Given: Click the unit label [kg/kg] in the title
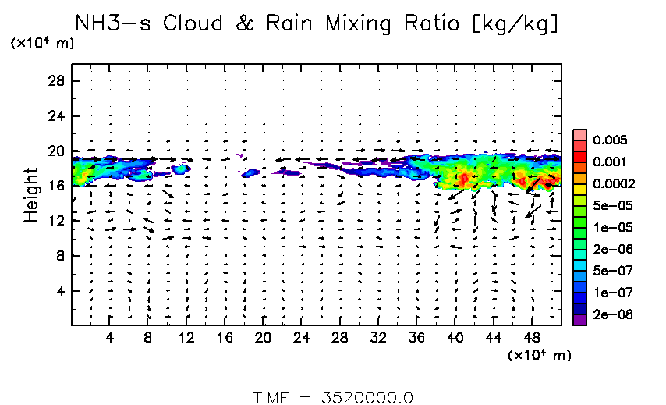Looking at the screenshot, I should tap(519, 24).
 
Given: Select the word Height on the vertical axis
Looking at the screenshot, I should tap(31, 194).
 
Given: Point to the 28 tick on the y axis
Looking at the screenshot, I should tap(56, 81).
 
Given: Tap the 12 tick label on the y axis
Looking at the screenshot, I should tap(56, 221).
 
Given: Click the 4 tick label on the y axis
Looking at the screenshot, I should tap(60, 290).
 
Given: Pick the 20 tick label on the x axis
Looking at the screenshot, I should tap(263, 339).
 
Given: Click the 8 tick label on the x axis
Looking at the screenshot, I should tap(148, 339).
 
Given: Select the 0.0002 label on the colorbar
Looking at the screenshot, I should tap(612, 184).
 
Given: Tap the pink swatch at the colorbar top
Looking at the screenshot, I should tap(579, 135).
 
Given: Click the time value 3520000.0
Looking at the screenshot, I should tap(367, 396).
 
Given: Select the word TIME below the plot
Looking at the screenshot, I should tap(272, 396).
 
